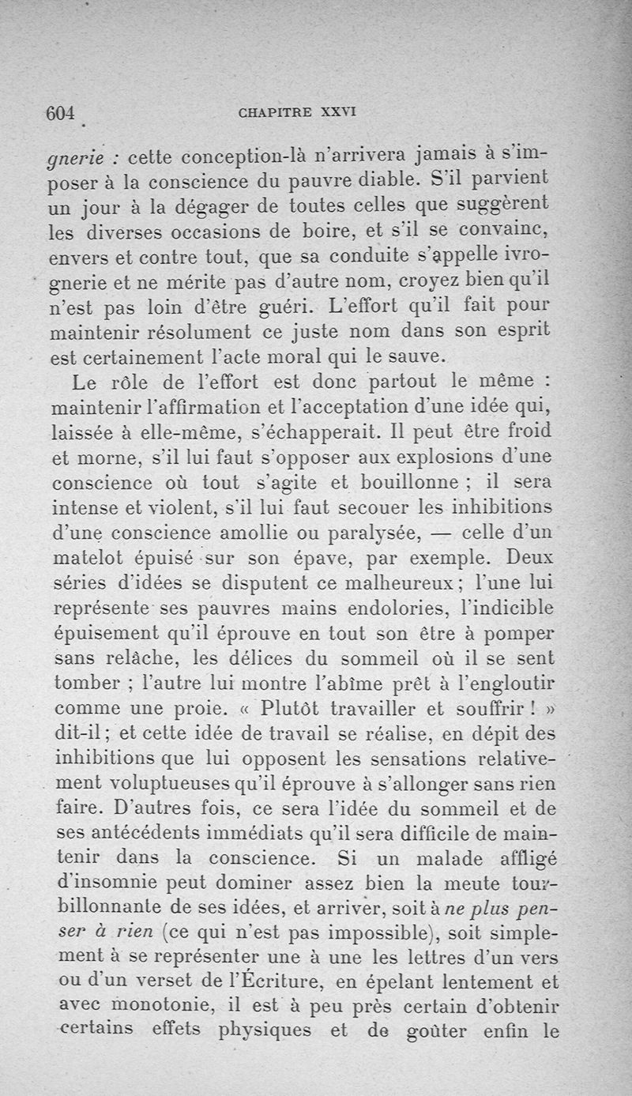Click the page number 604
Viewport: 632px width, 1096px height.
[x=60, y=113]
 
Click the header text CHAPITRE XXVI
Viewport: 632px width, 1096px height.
[x=297, y=112]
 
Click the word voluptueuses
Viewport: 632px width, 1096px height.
[x=171, y=785]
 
